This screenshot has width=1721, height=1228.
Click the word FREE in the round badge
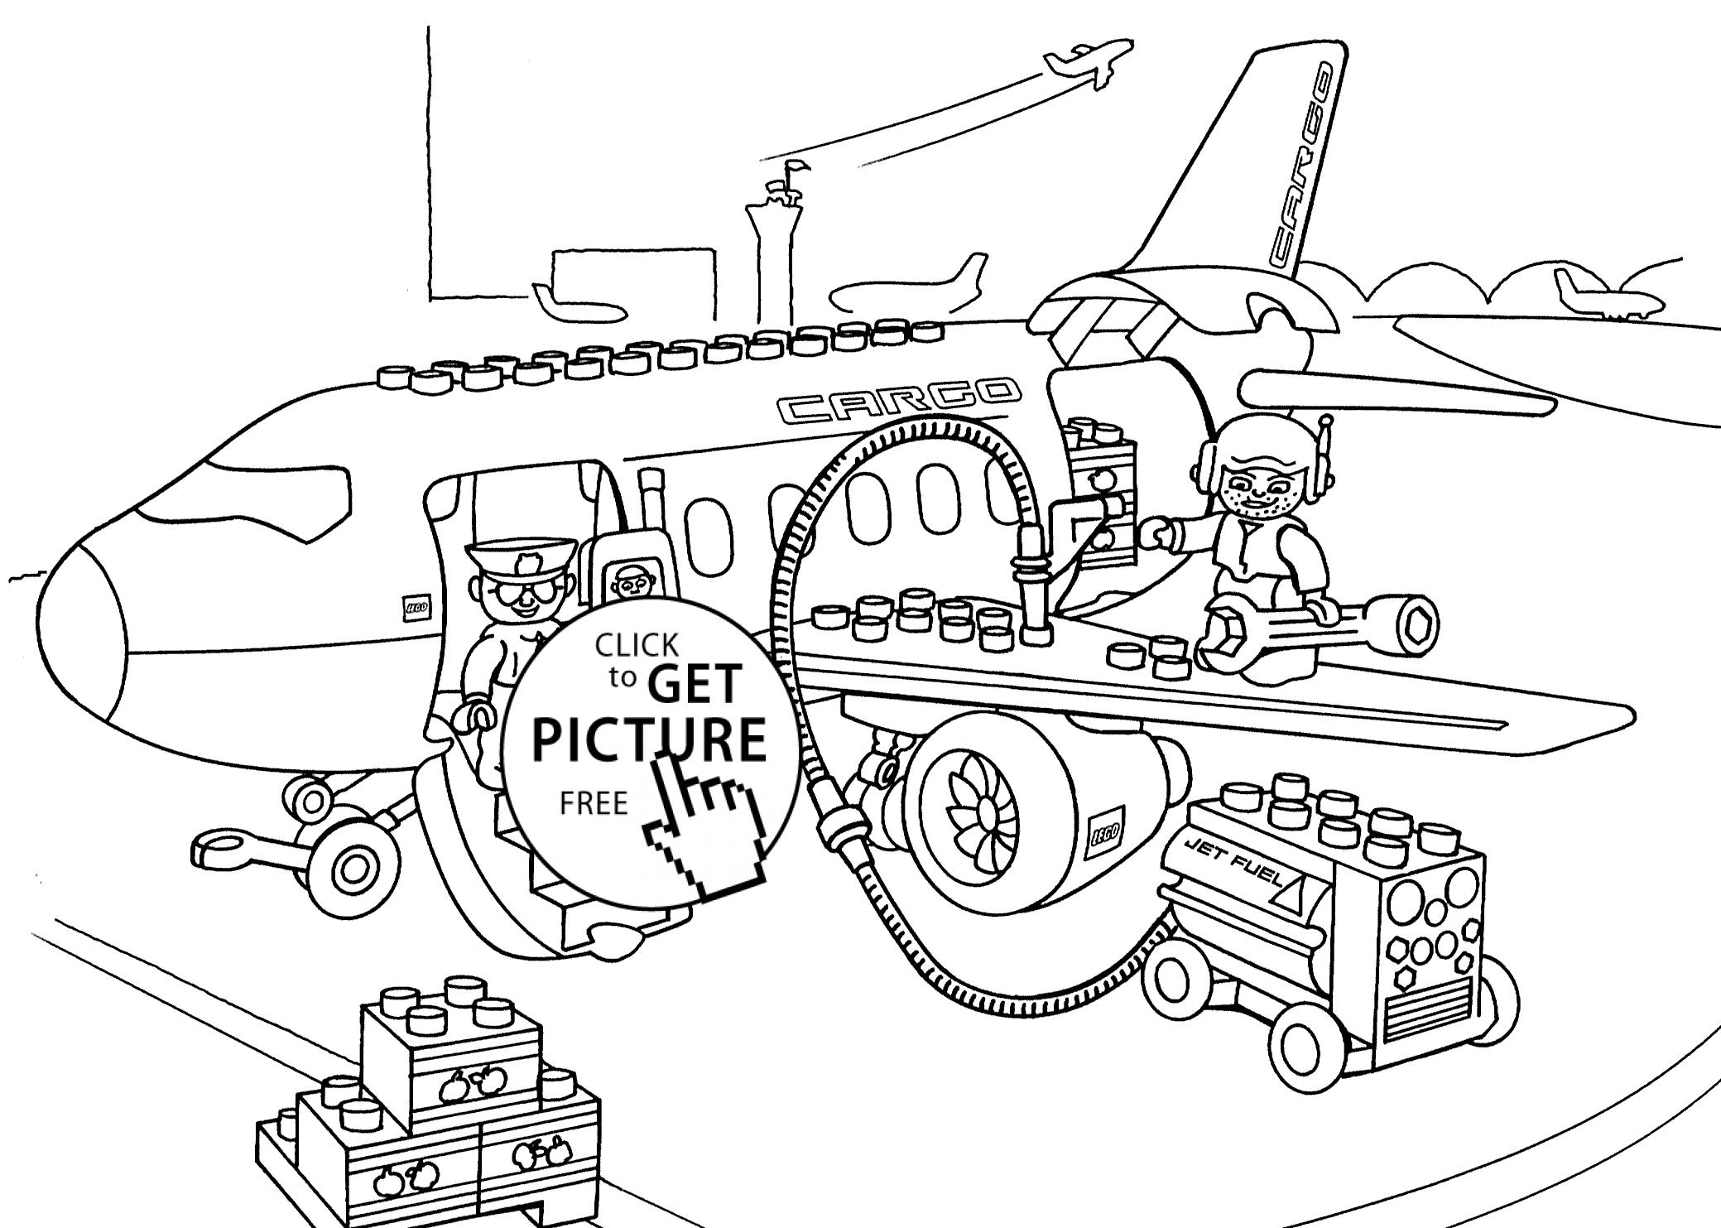tap(594, 803)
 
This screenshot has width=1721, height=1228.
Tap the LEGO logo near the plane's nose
tap(415, 609)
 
